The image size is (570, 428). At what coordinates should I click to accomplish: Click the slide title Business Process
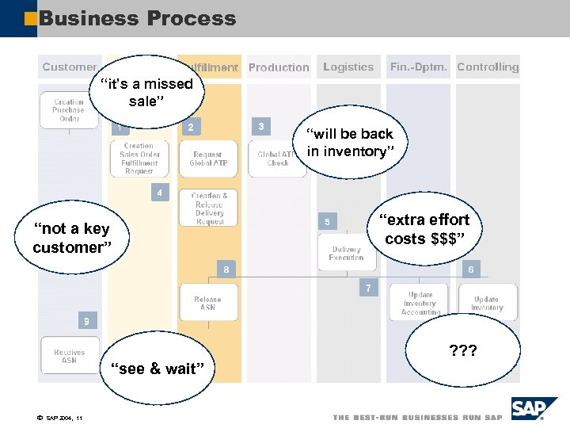138,18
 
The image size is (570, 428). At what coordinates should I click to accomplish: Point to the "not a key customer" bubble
71,238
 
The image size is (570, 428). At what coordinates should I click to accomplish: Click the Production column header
279,68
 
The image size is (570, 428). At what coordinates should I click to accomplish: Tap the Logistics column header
348,67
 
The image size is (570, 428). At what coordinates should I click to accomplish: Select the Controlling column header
488,67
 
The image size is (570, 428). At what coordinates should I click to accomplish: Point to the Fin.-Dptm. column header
418,67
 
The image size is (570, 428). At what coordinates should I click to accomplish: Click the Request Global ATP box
208,159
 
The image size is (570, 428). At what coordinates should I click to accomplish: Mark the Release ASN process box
208,303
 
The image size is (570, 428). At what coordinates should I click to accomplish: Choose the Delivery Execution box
347,253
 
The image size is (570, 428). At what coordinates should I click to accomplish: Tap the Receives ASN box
70,356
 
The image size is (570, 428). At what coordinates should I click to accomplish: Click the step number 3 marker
261,126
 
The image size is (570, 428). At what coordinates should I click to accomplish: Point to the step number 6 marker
470,269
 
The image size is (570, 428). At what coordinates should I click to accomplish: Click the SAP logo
528,410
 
